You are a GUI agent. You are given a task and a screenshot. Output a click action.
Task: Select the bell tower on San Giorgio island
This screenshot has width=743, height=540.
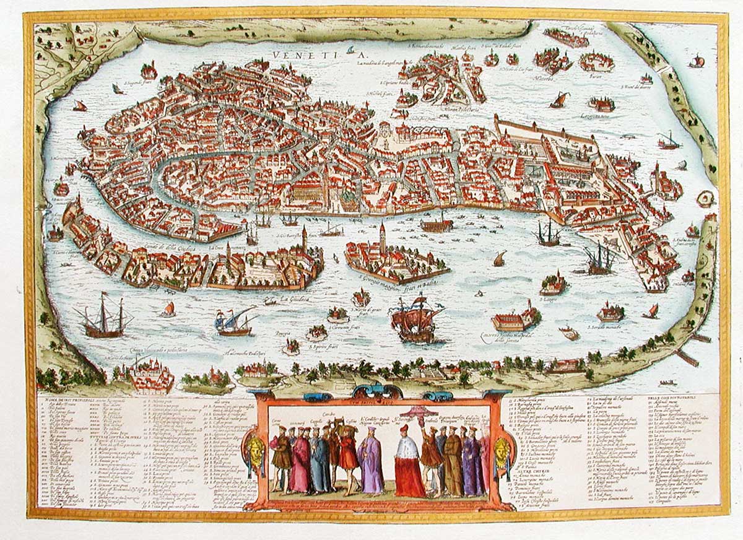pyautogui.click(x=383, y=238)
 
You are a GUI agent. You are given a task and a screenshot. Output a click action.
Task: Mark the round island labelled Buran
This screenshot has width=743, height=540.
pyautogui.click(x=596, y=62)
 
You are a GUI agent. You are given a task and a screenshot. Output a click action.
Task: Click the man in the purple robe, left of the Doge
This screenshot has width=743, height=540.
pyautogui.click(x=371, y=464)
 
